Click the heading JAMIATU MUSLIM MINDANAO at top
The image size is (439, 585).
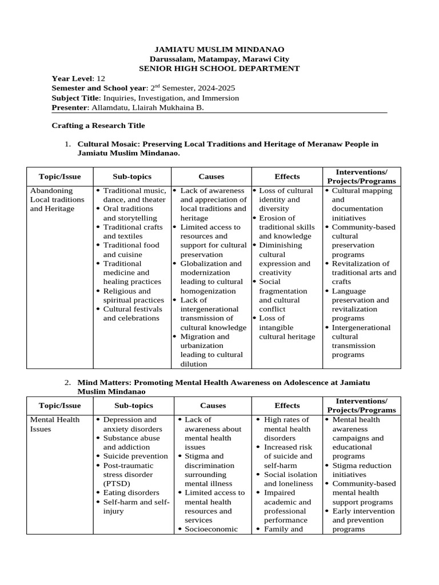(219, 50)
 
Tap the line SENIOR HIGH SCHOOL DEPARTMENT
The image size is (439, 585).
(219, 68)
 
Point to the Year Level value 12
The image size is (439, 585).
(101, 78)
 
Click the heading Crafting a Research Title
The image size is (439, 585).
(98, 125)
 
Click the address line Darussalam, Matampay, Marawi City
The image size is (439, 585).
(219, 59)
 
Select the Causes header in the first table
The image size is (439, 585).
(211, 177)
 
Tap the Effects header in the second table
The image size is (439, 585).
(287, 406)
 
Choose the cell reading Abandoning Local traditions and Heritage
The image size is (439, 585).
(57, 199)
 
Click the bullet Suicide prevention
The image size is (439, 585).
(135, 456)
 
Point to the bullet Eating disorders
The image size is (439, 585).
(131, 492)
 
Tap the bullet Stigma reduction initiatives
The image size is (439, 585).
(361, 470)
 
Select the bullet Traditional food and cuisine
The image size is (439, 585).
(131, 250)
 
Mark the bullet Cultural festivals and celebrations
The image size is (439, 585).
(131, 314)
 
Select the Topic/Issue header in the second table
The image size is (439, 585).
(59, 406)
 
